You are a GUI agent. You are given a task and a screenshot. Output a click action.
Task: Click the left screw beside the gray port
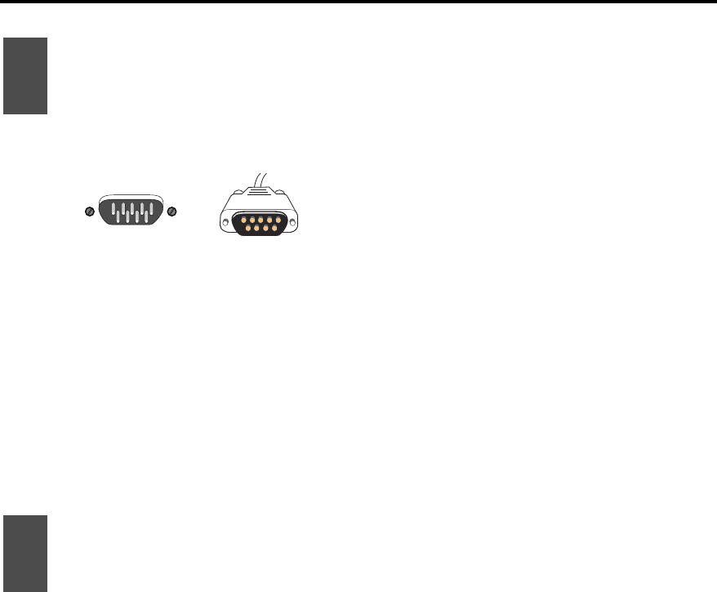click(90, 211)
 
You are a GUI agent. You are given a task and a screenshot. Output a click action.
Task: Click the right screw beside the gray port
click(171, 211)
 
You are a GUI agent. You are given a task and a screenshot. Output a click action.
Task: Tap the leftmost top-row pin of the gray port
click(113, 207)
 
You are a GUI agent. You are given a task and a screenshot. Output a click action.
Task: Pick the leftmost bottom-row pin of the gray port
click(118, 218)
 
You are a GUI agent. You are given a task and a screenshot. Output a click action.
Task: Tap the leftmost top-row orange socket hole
click(243, 219)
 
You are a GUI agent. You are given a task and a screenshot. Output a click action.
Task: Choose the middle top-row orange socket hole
click(260, 219)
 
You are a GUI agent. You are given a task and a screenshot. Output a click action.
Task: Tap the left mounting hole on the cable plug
click(226, 223)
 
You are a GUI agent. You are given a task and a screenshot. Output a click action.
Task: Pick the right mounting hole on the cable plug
click(293, 223)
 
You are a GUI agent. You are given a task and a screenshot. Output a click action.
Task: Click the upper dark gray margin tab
click(24, 75)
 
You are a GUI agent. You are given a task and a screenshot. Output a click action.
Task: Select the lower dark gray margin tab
click(24, 553)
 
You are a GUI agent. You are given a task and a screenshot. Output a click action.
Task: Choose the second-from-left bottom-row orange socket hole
click(256, 228)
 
